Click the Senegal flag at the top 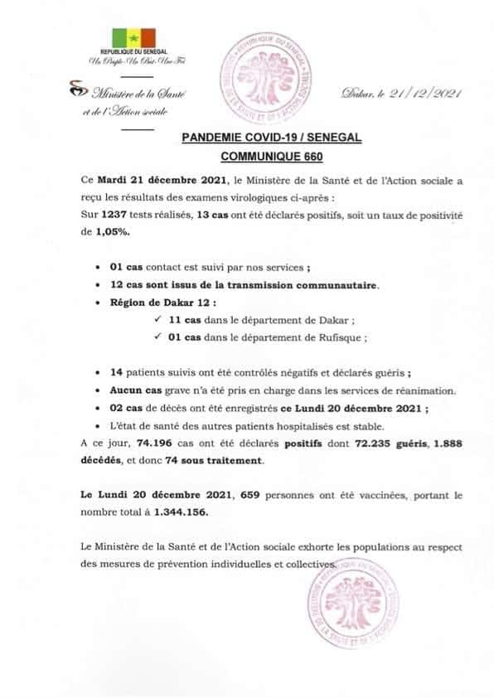[x=132, y=37]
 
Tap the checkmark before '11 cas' [x=157, y=320]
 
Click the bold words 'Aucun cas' [x=133, y=390]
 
